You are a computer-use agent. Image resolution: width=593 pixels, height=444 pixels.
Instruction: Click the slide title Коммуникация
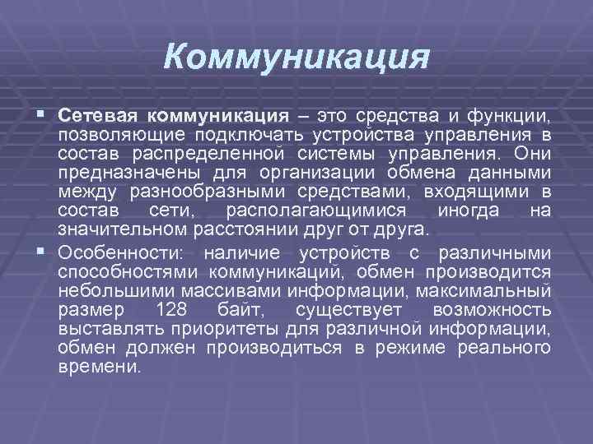tap(296, 58)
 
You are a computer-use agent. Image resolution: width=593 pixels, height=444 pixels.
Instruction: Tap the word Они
tap(530, 153)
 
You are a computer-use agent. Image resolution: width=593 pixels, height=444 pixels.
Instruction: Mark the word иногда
tap(466, 210)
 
